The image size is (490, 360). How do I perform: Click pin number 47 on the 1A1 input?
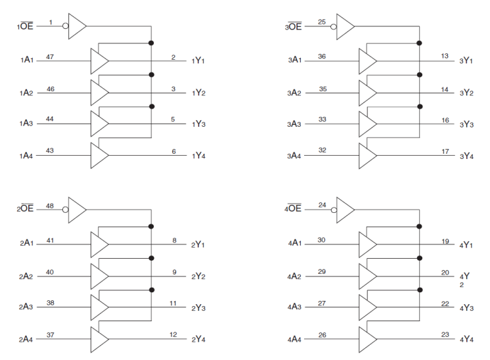(50, 56)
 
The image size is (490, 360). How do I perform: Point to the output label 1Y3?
(199, 124)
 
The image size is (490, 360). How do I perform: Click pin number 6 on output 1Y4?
(174, 150)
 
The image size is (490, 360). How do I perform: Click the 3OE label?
(294, 27)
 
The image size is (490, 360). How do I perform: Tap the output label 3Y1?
(467, 61)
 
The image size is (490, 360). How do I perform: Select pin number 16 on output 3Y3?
(445, 120)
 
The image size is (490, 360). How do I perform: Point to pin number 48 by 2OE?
(50, 205)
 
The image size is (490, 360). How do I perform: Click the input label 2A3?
(27, 307)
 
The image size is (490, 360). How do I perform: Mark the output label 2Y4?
(199, 340)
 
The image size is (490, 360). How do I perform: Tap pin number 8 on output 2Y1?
(174, 240)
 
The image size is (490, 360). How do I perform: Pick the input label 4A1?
(295, 244)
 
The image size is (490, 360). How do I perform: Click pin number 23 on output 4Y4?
(445, 334)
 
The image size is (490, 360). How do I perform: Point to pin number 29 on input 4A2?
(321, 271)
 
